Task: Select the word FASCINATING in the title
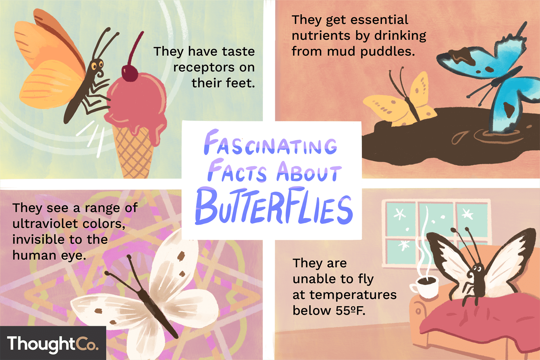(270, 144)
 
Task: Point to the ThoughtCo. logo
(53, 344)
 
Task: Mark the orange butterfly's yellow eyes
(97, 66)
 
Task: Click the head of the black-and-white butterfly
(477, 268)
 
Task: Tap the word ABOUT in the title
(309, 172)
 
